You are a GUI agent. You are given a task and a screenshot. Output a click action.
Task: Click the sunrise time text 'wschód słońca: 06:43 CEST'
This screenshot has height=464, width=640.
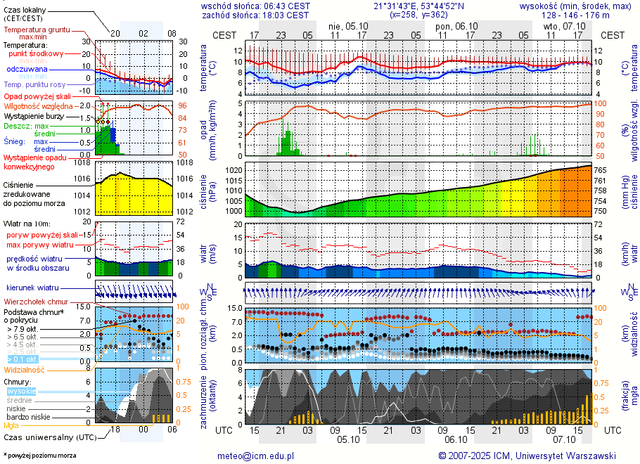(x=255, y=6)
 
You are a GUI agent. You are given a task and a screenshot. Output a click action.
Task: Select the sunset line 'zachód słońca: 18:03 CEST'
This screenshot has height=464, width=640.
(x=255, y=15)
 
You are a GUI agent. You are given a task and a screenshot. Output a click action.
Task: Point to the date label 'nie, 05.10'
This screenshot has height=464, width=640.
(x=348, y=26)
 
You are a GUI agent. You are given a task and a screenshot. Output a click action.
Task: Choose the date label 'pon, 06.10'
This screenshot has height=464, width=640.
(x=457, y=26)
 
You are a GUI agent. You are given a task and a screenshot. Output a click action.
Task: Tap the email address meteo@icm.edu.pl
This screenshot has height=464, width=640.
(x=255, y=456)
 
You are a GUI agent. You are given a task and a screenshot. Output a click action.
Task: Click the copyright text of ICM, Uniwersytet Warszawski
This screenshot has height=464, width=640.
(x=527, y=456)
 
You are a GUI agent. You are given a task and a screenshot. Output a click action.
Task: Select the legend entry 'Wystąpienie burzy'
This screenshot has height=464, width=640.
(x=33, y=115)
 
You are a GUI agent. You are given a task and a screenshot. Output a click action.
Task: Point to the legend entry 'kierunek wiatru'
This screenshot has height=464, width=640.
(x=32, y=288)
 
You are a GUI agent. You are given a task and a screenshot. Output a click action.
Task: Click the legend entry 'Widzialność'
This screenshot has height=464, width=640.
(x=25, y=369)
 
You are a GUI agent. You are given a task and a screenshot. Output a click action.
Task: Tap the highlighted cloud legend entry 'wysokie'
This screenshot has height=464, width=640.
(x=21, y=391)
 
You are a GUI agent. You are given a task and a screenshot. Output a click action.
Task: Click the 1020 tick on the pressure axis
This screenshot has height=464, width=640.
(x=233, y=170)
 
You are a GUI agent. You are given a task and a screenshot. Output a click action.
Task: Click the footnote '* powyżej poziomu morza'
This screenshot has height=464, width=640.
(x=39, y=456)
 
